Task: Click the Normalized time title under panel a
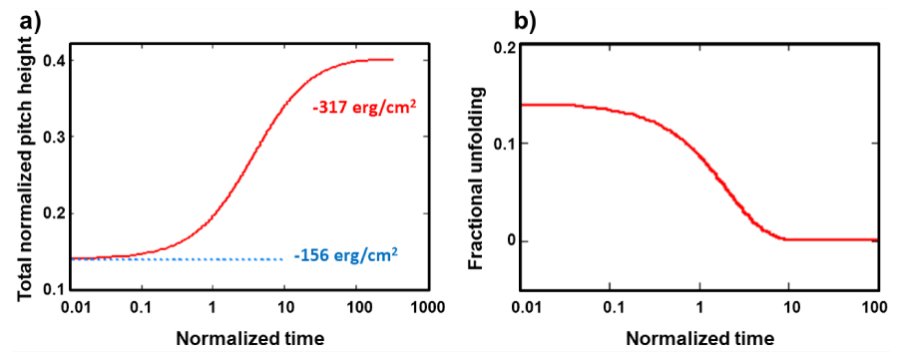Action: (x=250, y=339)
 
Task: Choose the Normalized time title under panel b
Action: (x=701, y=339)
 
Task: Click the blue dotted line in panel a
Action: (x=179, y=260)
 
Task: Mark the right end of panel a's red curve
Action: (x=393, y=60)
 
